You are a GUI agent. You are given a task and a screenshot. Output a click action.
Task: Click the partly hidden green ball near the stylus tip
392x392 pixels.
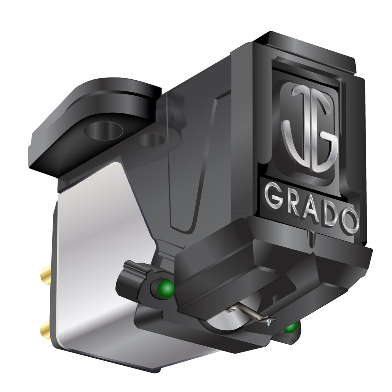[x=290, y=327]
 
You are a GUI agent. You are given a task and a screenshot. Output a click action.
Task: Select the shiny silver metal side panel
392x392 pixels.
[x=95, y=261]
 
